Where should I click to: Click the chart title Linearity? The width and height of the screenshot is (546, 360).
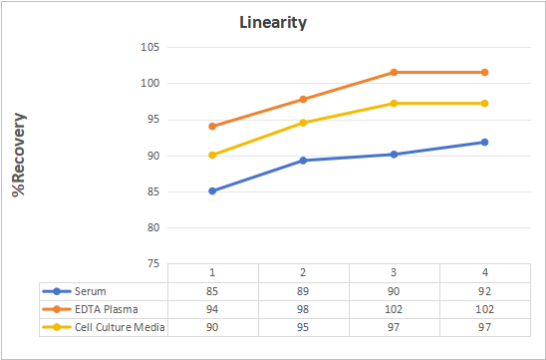click(273, 23)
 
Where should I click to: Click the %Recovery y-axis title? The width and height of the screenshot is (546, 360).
click(19, 155)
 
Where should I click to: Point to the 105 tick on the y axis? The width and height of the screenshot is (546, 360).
click(150, 47)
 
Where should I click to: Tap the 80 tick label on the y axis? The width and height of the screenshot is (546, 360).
click(152, 227)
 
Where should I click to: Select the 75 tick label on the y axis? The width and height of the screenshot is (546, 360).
click(152, 264)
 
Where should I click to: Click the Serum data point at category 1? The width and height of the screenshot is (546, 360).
click(212, 191)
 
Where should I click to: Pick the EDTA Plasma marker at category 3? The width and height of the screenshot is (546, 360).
click(394, 72)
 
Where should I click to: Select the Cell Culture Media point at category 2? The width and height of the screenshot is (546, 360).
click(303, 123)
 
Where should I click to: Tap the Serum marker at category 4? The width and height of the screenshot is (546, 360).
click(484, 142)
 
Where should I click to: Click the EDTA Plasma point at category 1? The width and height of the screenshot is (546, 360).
click(212, 127)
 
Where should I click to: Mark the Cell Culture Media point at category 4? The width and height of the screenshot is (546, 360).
click(484, 103)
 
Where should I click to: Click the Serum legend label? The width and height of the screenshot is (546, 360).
click(91, 291)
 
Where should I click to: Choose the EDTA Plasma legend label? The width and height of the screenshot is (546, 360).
click(107, 309)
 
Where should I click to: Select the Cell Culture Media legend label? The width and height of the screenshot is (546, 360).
click(120, 327)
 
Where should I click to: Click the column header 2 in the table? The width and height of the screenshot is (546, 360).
click(303, 272)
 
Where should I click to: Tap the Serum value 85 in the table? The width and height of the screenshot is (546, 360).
click(212, 291)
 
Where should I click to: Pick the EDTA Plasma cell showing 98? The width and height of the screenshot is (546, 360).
click(303, 309)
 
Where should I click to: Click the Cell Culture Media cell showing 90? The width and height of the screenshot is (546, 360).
click(212, 327)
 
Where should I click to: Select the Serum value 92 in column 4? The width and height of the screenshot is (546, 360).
click(484, 291)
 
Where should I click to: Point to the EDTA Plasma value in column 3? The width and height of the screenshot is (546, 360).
click(394, 309)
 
